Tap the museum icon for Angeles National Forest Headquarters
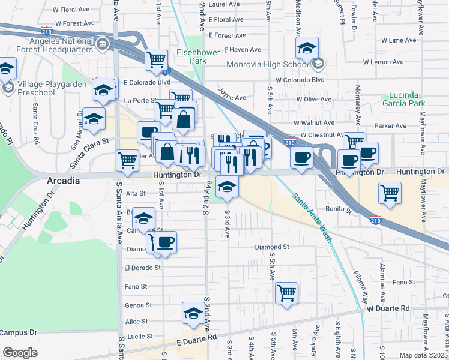102,43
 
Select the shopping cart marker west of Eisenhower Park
156,59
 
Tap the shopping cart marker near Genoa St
287,293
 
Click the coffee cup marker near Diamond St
166,242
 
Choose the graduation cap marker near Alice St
193,314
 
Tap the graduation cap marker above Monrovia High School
307,47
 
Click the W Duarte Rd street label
388,308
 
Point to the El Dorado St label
142,268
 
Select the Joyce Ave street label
232,97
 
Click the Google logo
20,353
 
